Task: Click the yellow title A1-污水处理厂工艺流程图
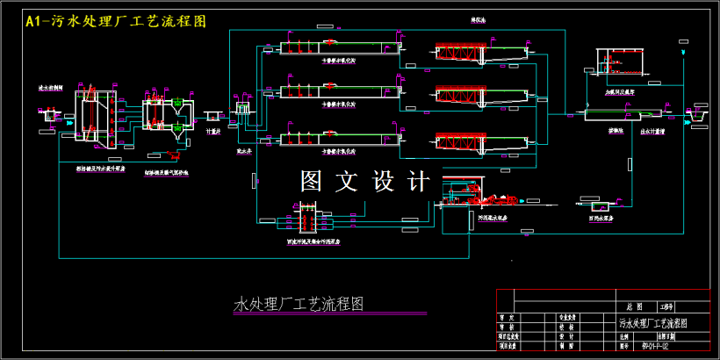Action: pyautogui.click(x=117, y=21)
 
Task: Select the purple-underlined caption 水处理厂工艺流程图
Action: pyautogui.click(x=299, y=305)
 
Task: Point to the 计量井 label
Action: pyautogui.click(x=212, y=132)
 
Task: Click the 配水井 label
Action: pyautogui.click(x=244, y=150)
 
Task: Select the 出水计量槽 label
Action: pyautogui.click(x=652, y=131)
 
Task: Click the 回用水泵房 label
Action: pyautogui.click(x=601, y=218)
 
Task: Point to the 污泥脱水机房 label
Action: pyautogui.click(x=493, y=218)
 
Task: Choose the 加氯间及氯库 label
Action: pyautogui.click(x=619, y=90)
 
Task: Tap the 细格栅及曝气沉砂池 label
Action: pyautogui.click(x=166, y=172)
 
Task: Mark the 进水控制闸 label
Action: pyautogui.click(x=50, y=88)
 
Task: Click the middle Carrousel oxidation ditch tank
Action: pyautogui.click(x=338, y=90)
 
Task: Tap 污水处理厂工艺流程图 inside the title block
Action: pyautogui.click(x=653, y=323)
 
